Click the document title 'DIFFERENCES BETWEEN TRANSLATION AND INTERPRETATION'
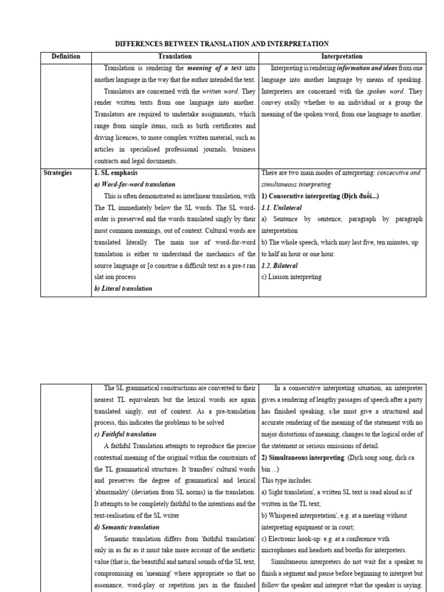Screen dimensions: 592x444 point(222,43)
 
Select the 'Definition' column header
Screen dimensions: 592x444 point(66,56)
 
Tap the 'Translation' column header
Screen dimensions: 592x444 point(175,56)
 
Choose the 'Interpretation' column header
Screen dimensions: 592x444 point(342,56)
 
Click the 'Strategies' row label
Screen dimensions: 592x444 point(57,173)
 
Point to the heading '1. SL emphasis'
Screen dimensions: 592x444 point(116,173)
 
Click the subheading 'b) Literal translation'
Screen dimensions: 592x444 point(123,288)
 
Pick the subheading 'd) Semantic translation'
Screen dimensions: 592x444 point(128,527)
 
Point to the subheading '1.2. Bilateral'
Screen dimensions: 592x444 point(279,265)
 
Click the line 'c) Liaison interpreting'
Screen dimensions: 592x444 point(291,277)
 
